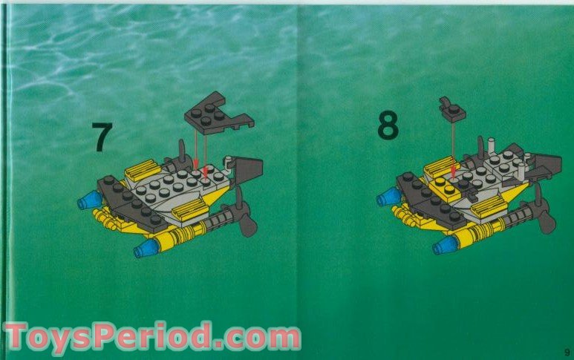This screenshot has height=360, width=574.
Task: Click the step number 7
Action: coord(102,137)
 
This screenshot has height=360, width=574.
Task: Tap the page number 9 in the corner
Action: coord(566,352)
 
